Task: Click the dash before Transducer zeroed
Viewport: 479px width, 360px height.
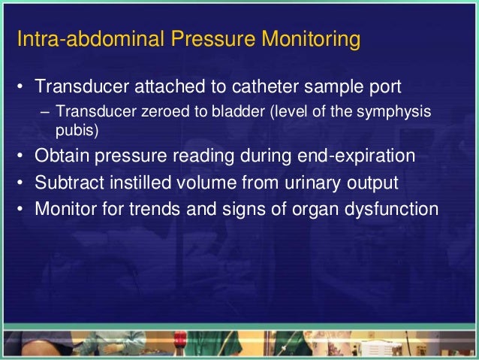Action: pyautogui.click(x=45, y=113)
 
